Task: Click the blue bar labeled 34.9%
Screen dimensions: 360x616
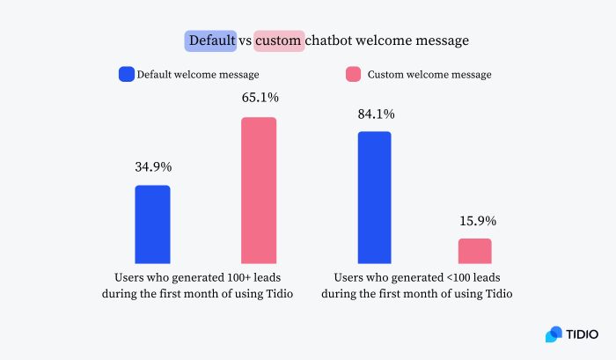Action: [152, 224]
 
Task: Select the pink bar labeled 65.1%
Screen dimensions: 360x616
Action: [259, 190]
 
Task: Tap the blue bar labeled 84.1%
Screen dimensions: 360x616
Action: [374, 197]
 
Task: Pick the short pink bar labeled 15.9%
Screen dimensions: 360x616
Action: [474, 251]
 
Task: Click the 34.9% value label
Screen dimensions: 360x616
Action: [152, 166]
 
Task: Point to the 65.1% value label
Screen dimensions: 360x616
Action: [260, 98]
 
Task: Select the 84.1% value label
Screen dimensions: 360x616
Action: [375, 114]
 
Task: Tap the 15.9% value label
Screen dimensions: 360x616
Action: [474, 220]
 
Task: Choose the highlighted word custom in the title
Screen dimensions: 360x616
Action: [280, 40]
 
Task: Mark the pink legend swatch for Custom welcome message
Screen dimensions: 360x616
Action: [352, 75]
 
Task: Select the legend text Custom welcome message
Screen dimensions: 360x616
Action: [430, 75]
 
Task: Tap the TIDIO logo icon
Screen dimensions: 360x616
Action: [554, 334]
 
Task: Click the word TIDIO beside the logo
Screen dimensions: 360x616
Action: [583, 334]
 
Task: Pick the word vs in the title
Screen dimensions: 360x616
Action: [246, 40]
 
